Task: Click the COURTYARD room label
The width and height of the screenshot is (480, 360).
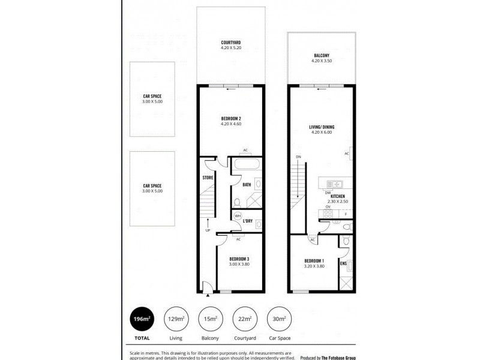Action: coord(230,42)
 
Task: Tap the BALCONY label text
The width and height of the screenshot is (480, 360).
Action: coord(321,55)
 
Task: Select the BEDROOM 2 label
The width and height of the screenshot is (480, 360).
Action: coord(230,119)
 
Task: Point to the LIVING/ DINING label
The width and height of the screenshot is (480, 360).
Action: coord(321,127)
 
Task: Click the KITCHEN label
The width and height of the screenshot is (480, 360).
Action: coord(338,196)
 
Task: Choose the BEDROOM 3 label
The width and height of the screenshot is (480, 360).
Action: coord(239,260)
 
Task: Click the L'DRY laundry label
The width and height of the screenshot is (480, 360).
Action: coord(248,221)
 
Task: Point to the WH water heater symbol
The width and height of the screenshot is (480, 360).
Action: coord(238,216)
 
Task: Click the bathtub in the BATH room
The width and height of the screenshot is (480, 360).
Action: coord(246,165)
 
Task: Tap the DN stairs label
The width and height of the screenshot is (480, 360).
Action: coord(298,157)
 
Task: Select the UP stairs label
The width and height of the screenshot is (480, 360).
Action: coord(208,230)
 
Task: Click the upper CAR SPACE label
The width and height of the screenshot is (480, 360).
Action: coord(152,96)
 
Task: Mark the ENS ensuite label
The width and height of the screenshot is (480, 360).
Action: coord(343,263)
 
